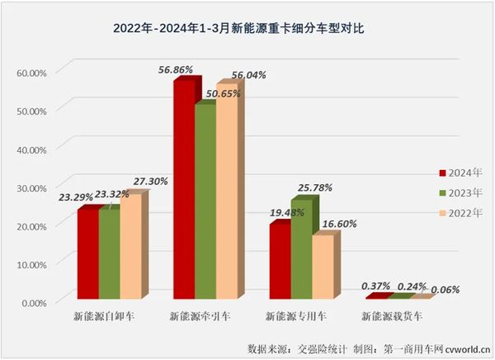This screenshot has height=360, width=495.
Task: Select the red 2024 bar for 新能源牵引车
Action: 183,190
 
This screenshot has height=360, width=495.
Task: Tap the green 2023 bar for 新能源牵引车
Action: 204,202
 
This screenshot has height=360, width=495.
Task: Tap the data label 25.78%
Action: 314,187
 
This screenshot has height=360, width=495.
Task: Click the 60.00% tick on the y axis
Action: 31,72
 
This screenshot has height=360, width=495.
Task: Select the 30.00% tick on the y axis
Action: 31,187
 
